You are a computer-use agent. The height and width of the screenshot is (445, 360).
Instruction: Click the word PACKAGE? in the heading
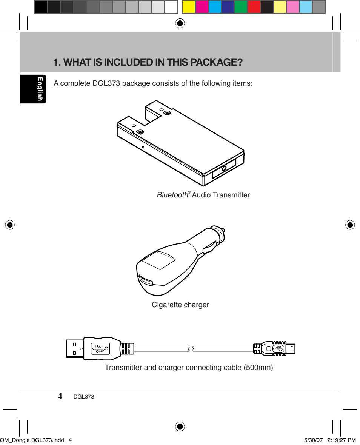[x=217, y=62]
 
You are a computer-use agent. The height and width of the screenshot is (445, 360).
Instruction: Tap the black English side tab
[x=33, y=89]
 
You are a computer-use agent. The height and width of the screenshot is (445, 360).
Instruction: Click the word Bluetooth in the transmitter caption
[x=172, y=195]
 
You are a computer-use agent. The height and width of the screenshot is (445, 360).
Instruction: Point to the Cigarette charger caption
[x=180, y=305]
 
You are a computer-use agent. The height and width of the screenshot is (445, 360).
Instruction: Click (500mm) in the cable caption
[x=258, y=367]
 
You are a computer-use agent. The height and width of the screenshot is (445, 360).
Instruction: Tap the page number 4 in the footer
[x=60, y=396]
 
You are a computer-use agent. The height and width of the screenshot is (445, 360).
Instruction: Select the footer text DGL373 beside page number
[x=84, y=397]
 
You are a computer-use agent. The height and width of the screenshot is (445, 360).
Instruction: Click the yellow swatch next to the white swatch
[x=188, y=7]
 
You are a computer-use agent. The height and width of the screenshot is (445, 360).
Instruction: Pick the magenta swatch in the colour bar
[x=202, y=7]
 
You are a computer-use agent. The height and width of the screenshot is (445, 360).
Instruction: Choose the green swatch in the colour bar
[x=241, y=7]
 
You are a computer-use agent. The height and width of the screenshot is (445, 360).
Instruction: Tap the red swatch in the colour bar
[x=254, y=7]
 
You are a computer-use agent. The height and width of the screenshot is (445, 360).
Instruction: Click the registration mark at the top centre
[x=180, y=23]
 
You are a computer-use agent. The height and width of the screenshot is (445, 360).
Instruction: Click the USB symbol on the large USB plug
[x=100, y=348]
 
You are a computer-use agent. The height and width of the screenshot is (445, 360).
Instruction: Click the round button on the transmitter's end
[x=225, y=169]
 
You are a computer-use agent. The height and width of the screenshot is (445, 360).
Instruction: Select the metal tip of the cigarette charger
[x=223, y=230]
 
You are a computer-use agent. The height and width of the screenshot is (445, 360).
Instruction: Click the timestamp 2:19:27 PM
[x=341, y=440]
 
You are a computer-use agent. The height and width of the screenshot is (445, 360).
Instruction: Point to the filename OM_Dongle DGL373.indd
[x=32, y=440]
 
